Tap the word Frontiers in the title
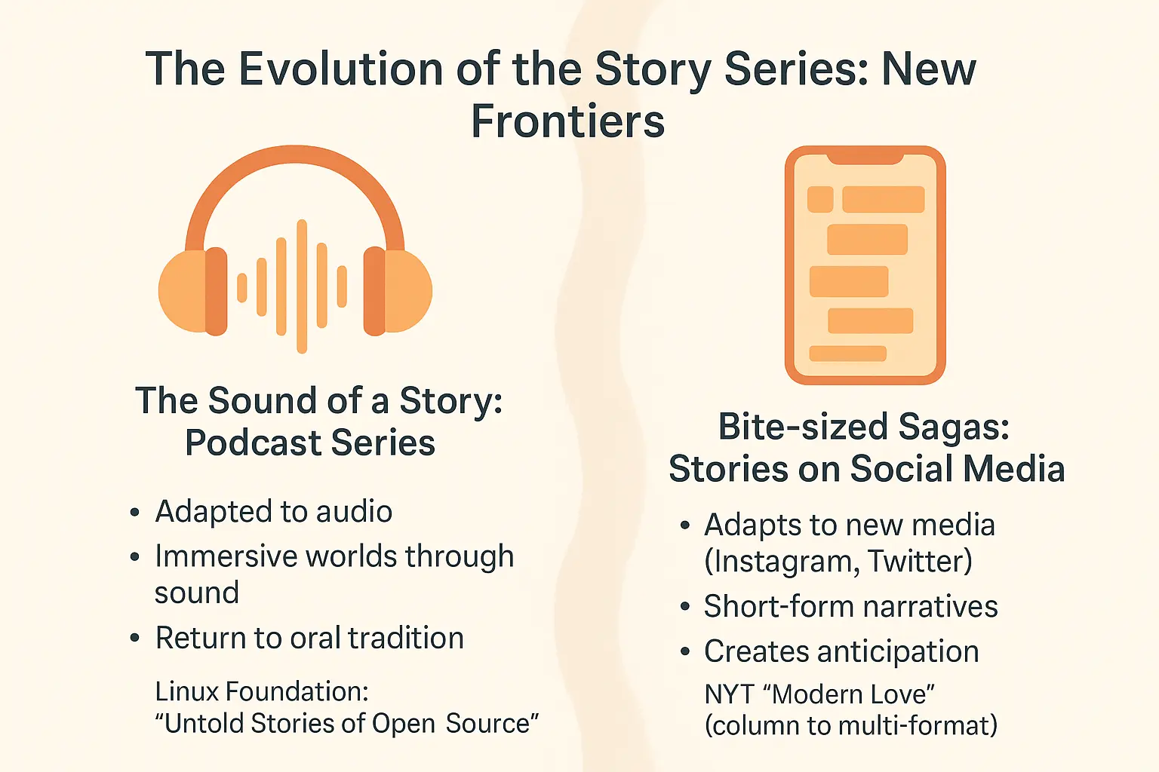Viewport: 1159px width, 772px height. (567, 121)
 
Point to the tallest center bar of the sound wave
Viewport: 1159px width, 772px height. (302, 286)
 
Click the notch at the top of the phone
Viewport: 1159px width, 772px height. (865, 157)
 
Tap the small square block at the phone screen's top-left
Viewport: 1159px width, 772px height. (820, 199)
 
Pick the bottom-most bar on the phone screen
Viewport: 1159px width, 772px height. (847, 353)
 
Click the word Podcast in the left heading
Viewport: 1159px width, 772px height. (253, 443)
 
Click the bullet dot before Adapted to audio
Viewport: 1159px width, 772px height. (134, 513)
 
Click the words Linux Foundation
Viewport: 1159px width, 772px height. (261, 691)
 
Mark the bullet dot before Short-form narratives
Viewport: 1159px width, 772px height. (684, 607)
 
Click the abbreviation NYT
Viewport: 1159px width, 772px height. (730, 694)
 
